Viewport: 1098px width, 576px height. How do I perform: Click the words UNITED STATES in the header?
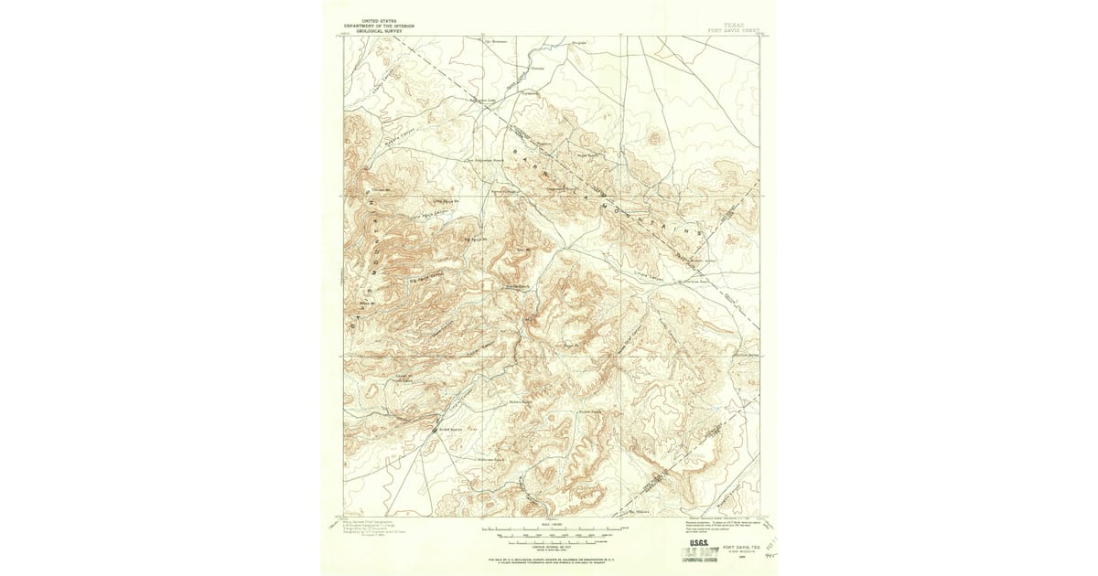pos(379,19)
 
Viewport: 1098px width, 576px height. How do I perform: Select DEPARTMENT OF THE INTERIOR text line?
pos(379,26)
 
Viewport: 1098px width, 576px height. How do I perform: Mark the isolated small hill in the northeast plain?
pos(653,139)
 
